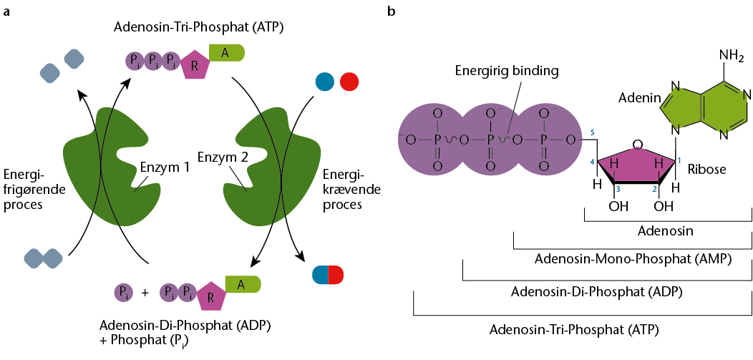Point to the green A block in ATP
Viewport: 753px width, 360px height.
tap(227, 52)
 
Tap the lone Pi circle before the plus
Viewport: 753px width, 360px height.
tap(123, 292)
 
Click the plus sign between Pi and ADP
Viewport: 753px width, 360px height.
tap(145, 293)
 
